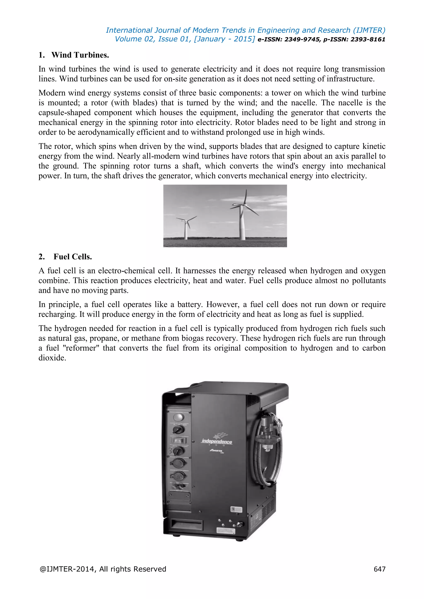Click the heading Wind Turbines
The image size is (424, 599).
(x=80, y=55)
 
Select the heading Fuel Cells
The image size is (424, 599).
(x=73, y=257)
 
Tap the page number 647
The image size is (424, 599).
(x=379, y=569)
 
